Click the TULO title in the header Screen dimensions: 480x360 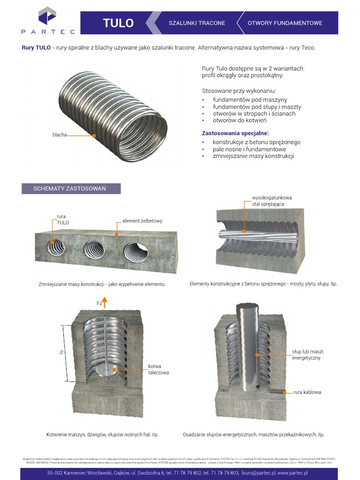click(118, 23)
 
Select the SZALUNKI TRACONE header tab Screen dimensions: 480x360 click(197, 23)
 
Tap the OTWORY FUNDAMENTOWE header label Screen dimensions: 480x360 click(285, 23)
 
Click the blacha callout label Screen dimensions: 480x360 click(60, 135)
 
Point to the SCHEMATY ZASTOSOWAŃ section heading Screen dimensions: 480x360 click(70, 188)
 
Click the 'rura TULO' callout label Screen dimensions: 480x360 click(62, 219)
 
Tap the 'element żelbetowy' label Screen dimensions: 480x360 click(142, 221)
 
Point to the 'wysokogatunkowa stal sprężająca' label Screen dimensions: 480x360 click(265, 201)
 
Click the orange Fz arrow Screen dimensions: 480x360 click(105, 301)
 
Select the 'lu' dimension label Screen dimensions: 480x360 click(60, 349)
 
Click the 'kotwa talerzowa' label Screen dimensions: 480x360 click(158, 369)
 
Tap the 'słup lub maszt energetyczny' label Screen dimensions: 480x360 click(307, 354)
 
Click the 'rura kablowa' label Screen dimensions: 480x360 click(307, 392)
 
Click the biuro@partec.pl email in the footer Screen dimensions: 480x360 click(258, 473)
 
